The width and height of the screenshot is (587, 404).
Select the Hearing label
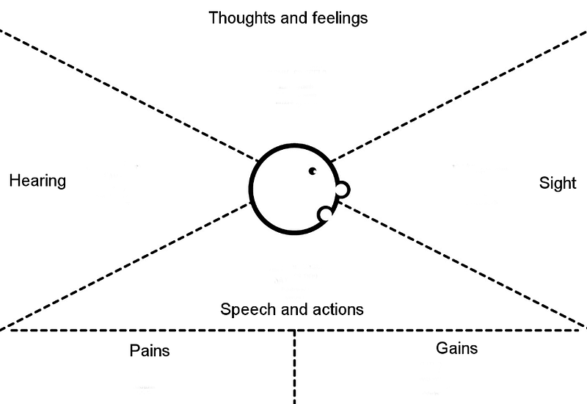[x=37, y=181]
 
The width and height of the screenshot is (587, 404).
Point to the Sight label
[x=558, y=184]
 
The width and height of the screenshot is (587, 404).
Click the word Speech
[x=244, y=309]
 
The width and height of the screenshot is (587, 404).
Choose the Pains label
[x=149, y=350]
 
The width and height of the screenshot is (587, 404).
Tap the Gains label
[x=456, y=347]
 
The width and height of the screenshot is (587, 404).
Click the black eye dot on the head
[x=313, y=171]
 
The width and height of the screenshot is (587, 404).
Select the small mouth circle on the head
[x=324, y=214]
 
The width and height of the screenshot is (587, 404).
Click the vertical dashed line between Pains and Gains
[x=294, y=367]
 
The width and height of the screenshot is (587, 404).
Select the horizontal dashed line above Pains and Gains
[x=147, y=331]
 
